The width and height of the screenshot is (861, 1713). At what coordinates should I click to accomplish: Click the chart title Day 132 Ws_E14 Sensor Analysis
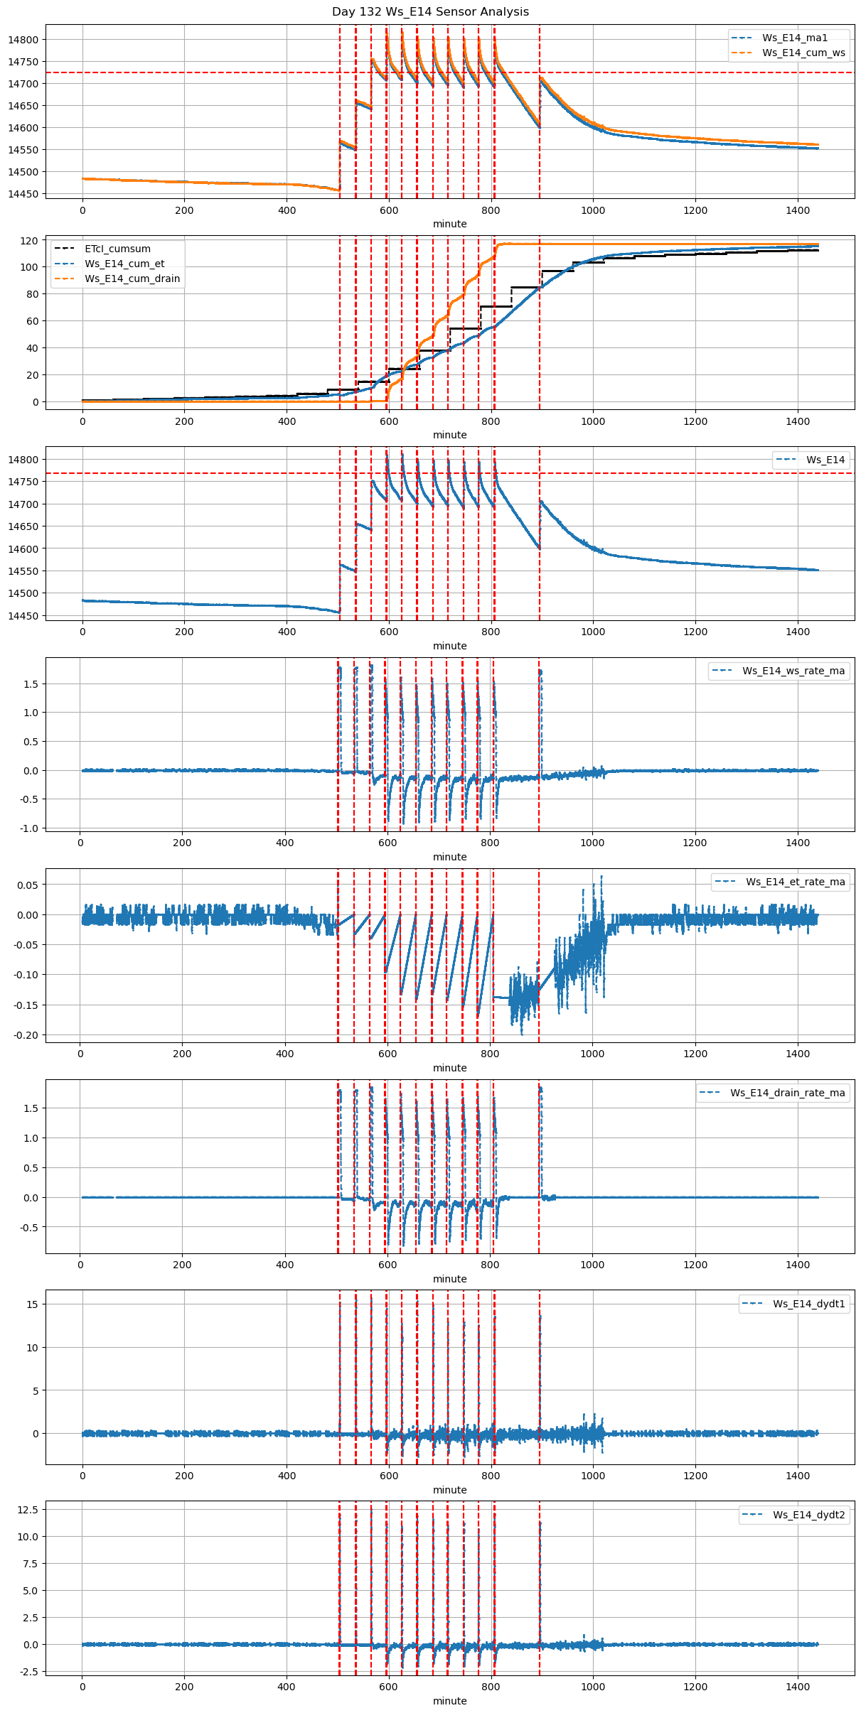point(430,11)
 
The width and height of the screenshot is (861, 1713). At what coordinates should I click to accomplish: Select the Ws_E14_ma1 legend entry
point(794,38)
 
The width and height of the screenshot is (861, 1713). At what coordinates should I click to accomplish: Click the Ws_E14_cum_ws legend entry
point(803,53)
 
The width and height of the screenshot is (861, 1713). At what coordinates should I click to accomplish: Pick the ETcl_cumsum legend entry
point(117,249)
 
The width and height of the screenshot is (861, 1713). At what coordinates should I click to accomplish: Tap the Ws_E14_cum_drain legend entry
point(132,279)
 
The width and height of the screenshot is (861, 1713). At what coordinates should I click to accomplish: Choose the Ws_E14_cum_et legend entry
point(124,264)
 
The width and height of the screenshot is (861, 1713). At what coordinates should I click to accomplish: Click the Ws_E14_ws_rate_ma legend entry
point(793,671)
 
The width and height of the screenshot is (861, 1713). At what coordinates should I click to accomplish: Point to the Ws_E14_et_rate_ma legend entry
point(795,882)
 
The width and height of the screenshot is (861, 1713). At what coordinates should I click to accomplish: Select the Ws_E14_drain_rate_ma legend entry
point(787,1093)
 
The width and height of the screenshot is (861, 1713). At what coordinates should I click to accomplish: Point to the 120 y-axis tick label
point(29,241)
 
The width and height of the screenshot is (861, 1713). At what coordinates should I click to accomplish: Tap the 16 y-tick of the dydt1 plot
point(33,1304)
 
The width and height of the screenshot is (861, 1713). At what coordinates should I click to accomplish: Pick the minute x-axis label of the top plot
point(449,224)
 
